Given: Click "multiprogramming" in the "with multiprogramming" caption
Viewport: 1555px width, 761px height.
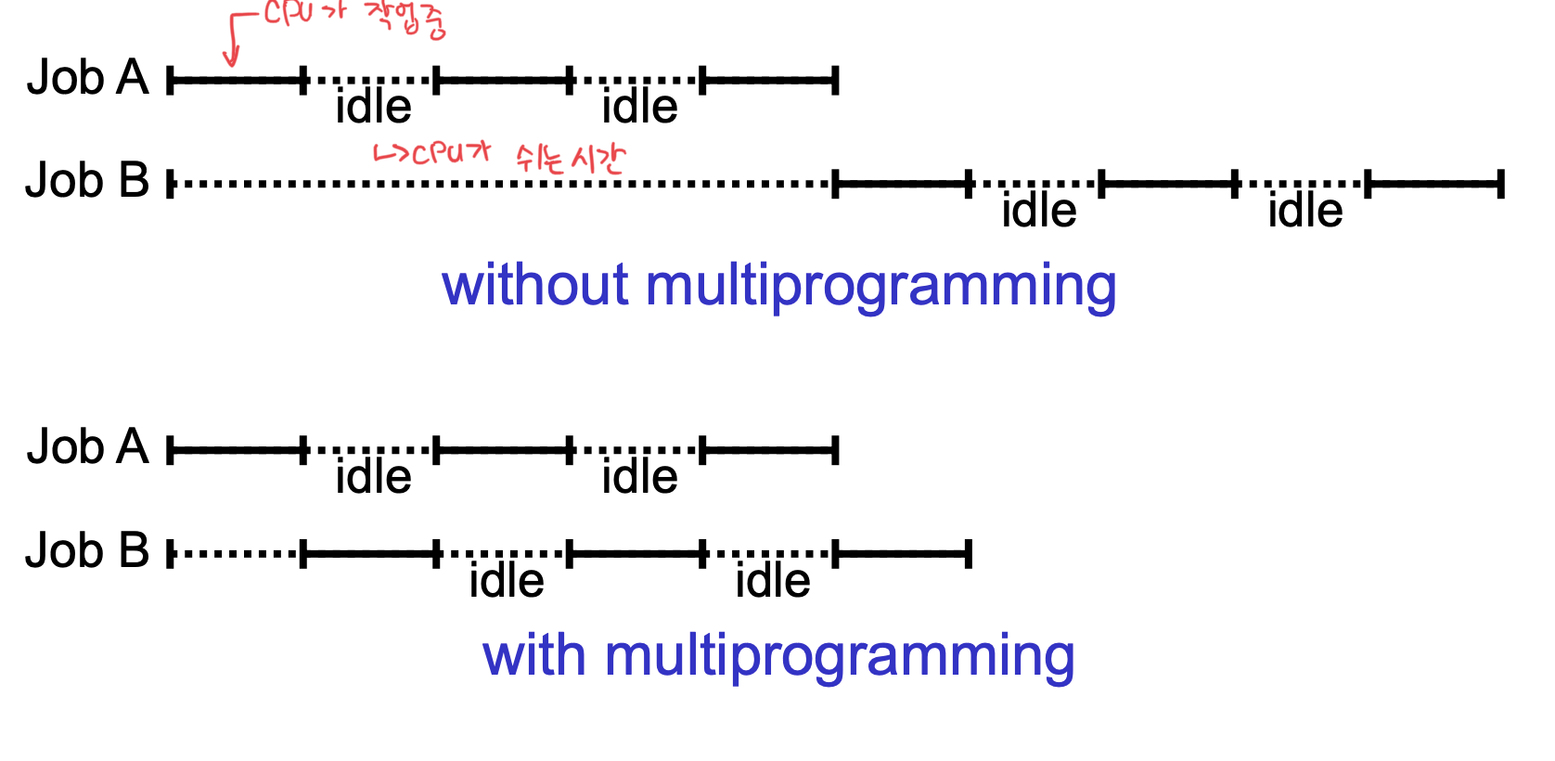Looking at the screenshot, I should pos(839,657).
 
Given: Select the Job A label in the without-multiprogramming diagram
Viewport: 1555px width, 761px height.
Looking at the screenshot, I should pos(87,77).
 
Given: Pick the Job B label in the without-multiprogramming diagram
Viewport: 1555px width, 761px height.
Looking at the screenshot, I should pos(87,180).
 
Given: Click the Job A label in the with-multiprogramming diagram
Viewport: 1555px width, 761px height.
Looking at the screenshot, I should pos(87,447).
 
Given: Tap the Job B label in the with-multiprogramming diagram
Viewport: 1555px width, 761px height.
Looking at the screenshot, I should pos(87,550).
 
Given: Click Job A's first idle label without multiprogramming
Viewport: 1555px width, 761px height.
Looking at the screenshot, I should pos(373,107).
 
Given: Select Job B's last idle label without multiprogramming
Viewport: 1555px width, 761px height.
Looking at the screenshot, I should pos(1304,211).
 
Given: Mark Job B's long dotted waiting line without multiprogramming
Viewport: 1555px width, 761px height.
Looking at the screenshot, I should pos(501,184).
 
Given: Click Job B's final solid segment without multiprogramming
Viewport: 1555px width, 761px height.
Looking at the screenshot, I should pos(1434,184).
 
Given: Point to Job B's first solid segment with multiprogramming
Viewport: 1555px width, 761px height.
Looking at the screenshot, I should pos(369,555).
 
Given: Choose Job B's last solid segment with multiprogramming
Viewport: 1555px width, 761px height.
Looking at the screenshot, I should pos(903,555).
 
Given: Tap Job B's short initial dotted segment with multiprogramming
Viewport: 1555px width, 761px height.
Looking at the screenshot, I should pos(237,555).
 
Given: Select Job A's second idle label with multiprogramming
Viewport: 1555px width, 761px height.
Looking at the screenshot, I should pos(639,477).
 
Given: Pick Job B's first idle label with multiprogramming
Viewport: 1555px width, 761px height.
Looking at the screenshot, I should pos(506,581).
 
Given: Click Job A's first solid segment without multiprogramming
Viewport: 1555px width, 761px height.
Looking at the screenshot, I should pos(237,81).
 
